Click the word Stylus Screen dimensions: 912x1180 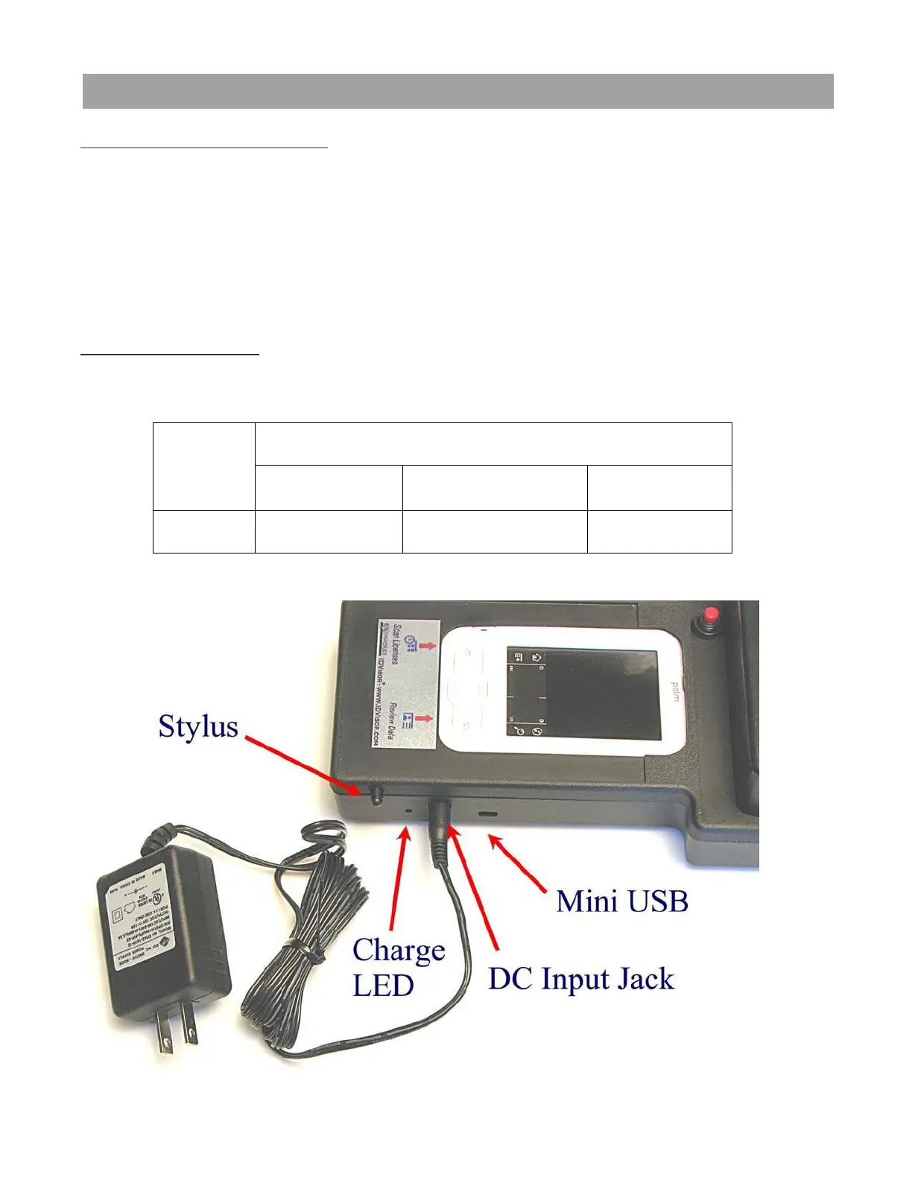(198, 727)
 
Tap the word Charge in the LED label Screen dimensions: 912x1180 (399, 951)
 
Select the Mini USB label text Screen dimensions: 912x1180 (622, 901)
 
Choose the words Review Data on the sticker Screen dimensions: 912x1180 (393, 721)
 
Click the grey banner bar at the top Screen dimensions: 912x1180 (457, 91)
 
